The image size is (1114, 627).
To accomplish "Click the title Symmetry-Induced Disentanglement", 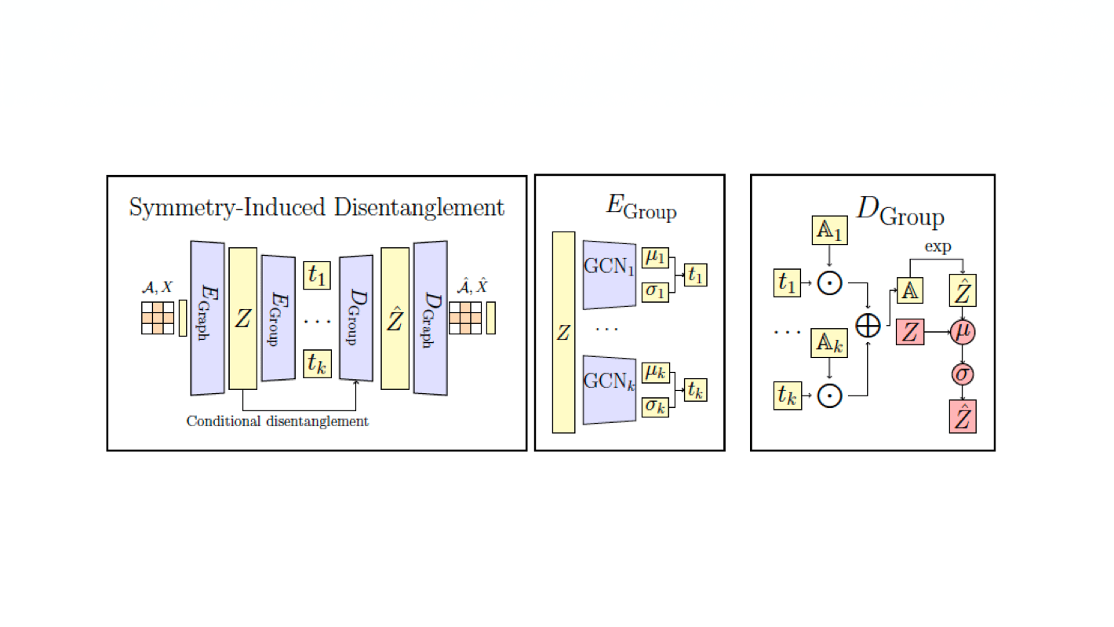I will [x=316, y=207].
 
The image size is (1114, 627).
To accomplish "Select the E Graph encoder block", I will [x=207, y=318].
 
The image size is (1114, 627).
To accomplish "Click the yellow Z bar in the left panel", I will [x=242, y=318].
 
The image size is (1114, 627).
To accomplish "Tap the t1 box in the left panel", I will [x=317, y=275].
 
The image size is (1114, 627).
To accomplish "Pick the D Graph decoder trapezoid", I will [x=430, y=318].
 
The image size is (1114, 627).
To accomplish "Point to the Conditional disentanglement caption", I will [x=277, y=421].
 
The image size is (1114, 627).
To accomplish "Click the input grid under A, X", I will [x=157, y=319].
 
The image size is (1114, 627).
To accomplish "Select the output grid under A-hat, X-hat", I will [x=464, y=319].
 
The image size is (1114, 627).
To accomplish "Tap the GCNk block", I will [x=610, y=383].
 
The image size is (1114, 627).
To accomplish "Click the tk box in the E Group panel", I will [x=694, y=389].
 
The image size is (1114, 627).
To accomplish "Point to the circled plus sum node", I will [x=868, y=324].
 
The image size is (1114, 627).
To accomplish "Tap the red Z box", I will [x=909, y=333].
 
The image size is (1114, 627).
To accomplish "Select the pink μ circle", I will [x=963, y=333].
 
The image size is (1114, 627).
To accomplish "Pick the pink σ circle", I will [x=963, y=374].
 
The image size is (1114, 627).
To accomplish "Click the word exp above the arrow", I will [x=937, y=247].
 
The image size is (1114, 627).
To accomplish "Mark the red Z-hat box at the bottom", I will [x=963, y=417].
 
